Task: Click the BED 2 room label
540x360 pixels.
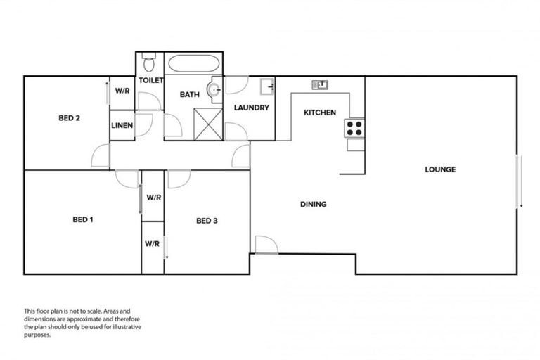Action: pyautogui.click(x=68, y=118)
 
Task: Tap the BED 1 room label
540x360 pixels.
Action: pyautogui.click(x=83, y=219)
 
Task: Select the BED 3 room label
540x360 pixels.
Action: pyautogui.click(x=207, y=221)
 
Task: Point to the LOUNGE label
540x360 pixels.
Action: pyautogui.click(x=440, y=169)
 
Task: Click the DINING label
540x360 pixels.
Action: pyautogui.click(x=313, y=205)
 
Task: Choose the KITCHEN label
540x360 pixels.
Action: pyautogui.click(x=319, y=112)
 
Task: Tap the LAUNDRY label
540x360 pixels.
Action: pyautogui.click(x=252, y=108)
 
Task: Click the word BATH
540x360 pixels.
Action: pyautogui.click(x=189, y=94)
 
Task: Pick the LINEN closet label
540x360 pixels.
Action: pyautogui.click(x=122, y=126)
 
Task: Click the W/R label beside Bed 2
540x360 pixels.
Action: pyautogui.click(x=122, y=91)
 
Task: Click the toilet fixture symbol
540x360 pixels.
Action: pyautogui.click(x=148, y=64)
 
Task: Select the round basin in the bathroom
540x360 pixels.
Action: pyautogui.click(x=214, y=91)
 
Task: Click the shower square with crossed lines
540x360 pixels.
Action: pyautogui.click(x=207, y=122)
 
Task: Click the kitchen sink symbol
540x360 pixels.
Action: pyautogui.click(x=321, y=85)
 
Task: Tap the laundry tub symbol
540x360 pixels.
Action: pyautogui.click(x=266, y=87)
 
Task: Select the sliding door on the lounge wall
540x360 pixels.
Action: pyautogui.click(x=520, y=181)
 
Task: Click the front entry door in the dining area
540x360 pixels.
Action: pyautogui.click(x=266, y=245)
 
